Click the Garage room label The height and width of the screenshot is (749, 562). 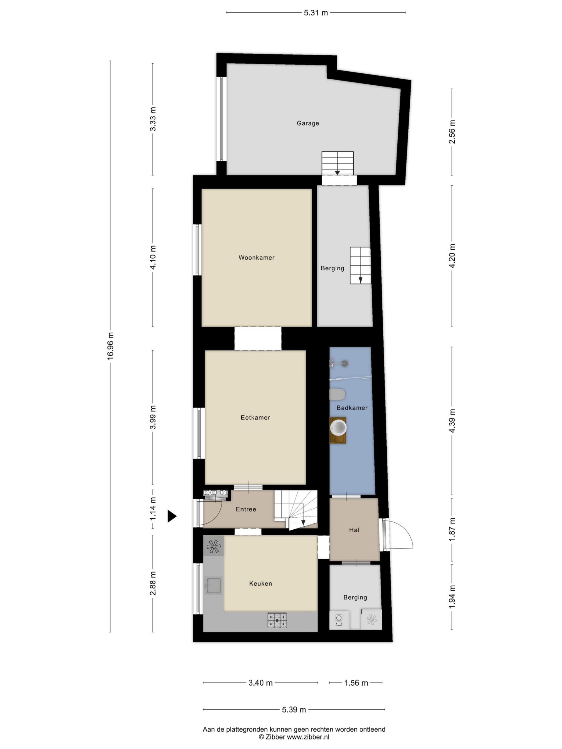(x=308, y=123)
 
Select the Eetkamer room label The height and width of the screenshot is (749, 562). (x=255, y=418)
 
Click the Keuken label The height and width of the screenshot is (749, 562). (x=260, y=583)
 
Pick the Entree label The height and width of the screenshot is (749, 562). (x=246, y=509)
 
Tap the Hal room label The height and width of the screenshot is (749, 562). (x=354, y=530)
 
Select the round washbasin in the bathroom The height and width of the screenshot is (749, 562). (x=338, y=428)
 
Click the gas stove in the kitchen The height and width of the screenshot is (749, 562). (x=277, y=620)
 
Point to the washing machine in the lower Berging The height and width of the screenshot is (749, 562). (x=339, y=620)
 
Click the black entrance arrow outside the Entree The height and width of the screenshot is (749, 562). (x=172, y=516)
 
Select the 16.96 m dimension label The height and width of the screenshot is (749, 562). (x=110, y=346)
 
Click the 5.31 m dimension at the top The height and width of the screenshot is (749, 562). (x=316, y=13)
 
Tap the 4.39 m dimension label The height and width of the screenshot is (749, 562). (x=452, y=420)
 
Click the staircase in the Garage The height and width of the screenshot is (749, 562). (x=337, y=163)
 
